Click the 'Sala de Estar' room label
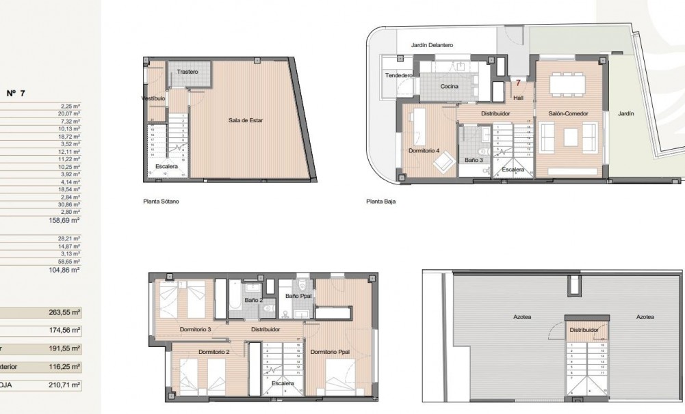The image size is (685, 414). (x=245, y=120)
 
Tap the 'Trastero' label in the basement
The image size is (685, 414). (x=187, y=72)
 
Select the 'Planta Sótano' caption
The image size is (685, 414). (x=160, y=202)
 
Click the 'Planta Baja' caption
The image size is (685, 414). (x=380, y=202)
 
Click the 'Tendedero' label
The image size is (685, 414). (x=398, y=75)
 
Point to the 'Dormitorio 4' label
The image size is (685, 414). (x=423, y=151)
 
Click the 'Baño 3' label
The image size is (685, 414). (x=473, y=160)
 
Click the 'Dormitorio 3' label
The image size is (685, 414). (x=194, y=329)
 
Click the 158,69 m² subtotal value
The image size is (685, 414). (x=67, y=221)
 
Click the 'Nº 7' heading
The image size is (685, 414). (x=16, y=94)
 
